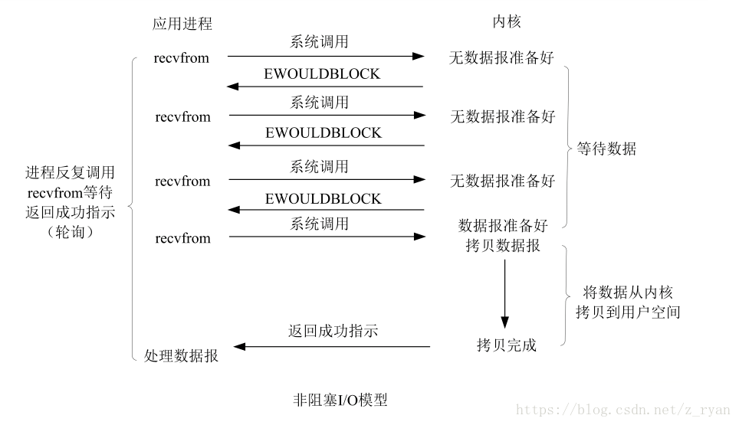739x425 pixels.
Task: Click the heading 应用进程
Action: click(182, 24)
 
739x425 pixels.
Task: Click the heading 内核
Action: click(507, 21)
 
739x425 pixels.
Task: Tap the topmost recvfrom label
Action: click(182, 58)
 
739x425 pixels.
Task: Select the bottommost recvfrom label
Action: click(183, 238)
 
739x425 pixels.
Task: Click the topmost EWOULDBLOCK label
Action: click(322, 74)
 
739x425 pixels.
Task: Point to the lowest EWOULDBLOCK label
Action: click(323, 198)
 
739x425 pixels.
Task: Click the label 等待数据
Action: click(606, 149)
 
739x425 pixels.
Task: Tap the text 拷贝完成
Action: click(506, 345)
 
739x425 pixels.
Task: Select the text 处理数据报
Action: click(181, 356)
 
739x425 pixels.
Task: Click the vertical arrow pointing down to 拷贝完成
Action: click(504, 294)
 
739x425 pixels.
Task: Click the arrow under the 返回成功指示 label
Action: click(332, 347)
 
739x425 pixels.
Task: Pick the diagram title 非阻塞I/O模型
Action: click(340, 400)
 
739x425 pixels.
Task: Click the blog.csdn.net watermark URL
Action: click(622, 410)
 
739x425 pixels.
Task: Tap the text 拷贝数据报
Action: click(503, 245)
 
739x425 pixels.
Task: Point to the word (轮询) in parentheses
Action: click(71, 231)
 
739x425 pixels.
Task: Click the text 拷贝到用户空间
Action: click(628, 312)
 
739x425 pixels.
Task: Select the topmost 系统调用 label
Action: click(319, 42)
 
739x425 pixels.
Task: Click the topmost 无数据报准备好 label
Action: click(501, 57)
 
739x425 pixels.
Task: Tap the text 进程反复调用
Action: click(71, 172)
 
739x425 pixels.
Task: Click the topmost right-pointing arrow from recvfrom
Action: click(326, 57)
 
